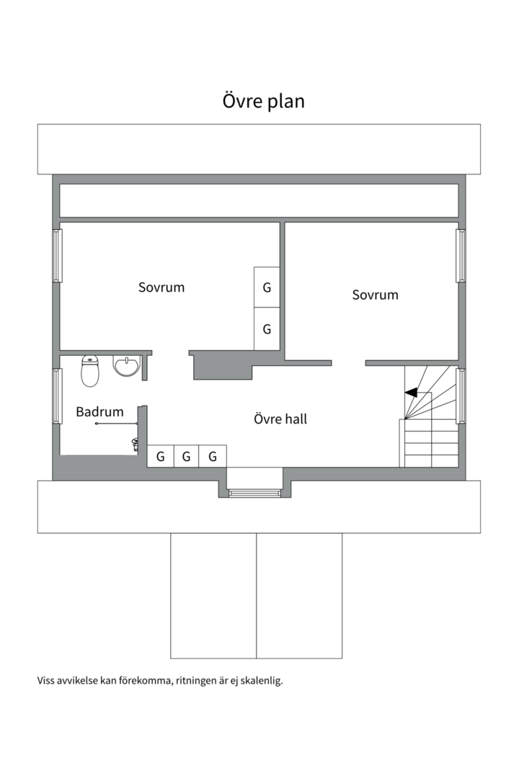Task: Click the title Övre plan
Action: coord(263,102)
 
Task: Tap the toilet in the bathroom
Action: coord(90,371)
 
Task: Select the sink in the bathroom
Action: coord(126,366)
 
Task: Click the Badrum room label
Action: coord(99,412)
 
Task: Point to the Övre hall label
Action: coord(280,419)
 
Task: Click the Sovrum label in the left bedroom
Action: coord(161,287)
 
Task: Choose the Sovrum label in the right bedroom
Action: coord(375,295)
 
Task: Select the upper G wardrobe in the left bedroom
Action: coord(267,287)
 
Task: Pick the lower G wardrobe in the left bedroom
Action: coord(267,329)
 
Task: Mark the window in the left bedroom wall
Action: coord(57,256)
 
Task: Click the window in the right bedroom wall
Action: coord(461,256)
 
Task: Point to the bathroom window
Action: coord(57,396)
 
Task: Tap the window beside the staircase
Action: coord(461,396)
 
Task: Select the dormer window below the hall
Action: coord(254,493)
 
